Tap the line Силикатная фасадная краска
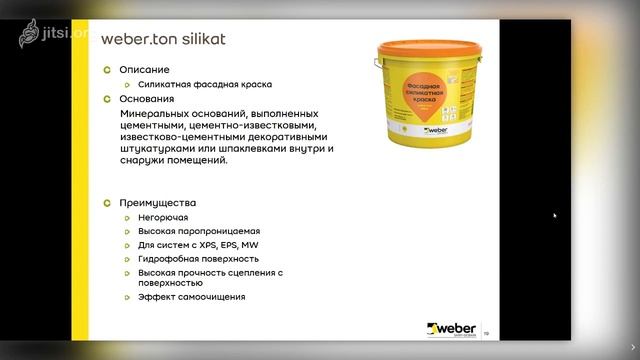point(205,85)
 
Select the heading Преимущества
point(157,202)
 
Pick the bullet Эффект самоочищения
point(191,296)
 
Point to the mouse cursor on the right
point(555,215)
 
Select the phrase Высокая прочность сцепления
point(205,272)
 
